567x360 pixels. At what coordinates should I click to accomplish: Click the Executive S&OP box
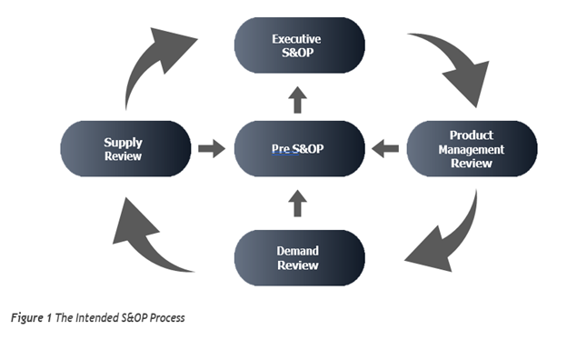tap(299, 45)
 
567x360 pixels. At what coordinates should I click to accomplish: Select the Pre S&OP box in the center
tap(299, 148)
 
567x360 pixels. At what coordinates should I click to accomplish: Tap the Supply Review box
tap(125, 148)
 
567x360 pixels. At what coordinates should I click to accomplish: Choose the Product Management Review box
tap(471, 148)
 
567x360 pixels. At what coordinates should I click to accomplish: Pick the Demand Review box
tap(299, 257)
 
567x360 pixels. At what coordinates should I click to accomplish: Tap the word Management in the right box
tap(471, 149)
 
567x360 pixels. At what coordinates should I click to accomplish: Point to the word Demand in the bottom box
tap(298, 250)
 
